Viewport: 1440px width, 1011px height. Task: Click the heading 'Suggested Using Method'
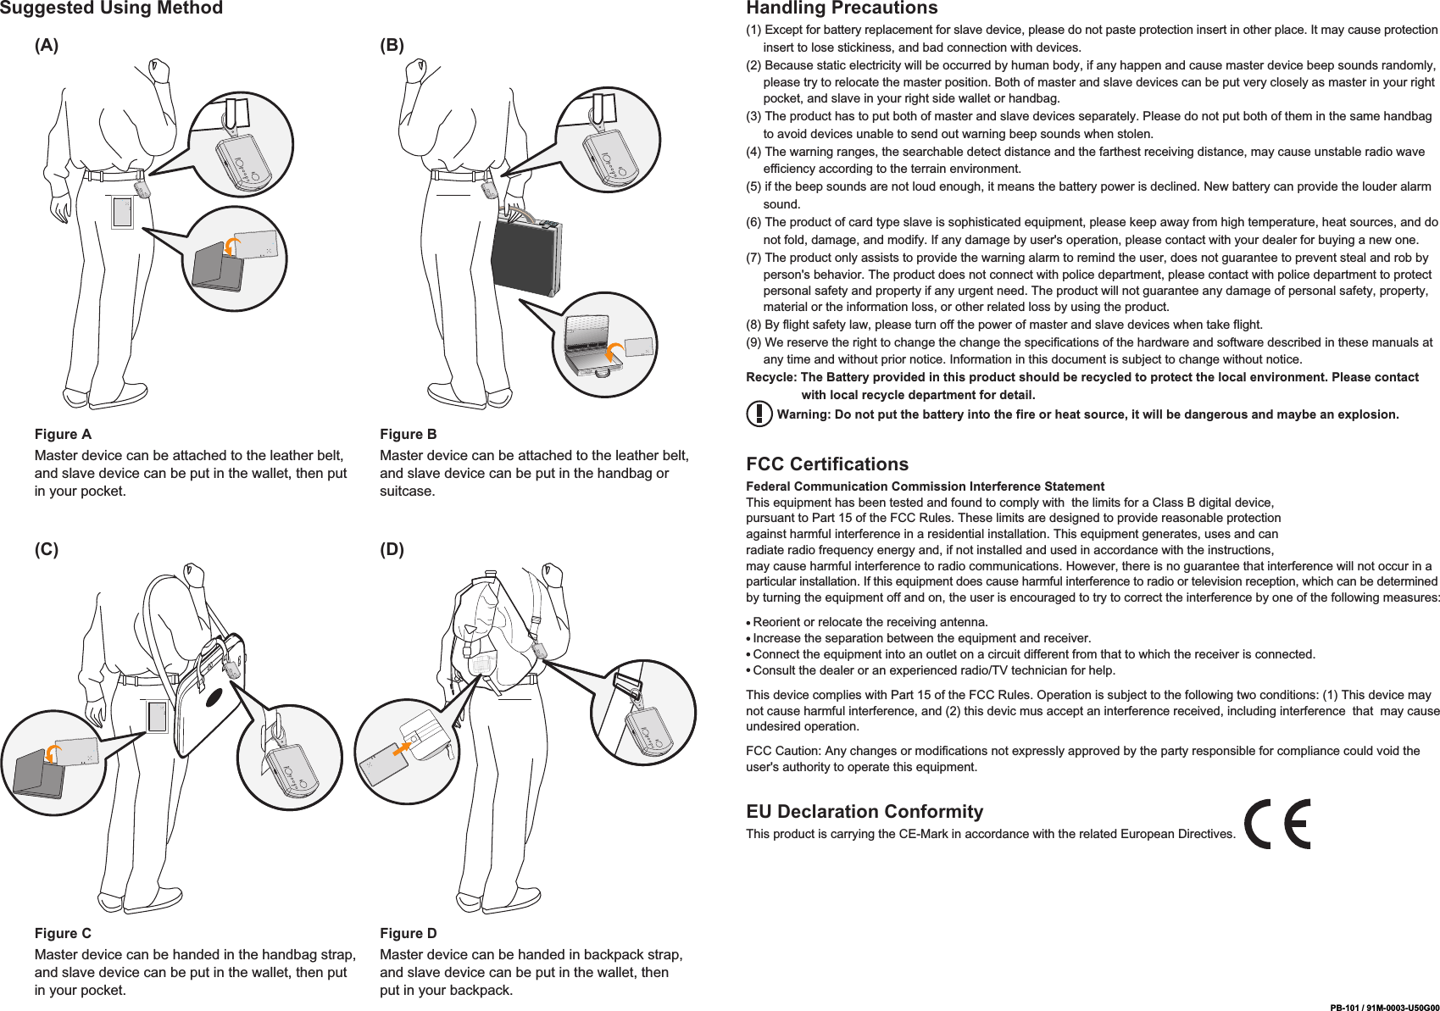[111, 8]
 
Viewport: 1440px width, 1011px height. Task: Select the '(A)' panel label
[47, 46]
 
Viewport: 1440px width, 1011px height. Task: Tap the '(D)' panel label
[392, 549]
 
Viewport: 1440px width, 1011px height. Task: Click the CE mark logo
[1277, 824]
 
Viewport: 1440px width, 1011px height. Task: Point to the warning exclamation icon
[759, 414]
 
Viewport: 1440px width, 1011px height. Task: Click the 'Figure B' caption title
[409, 434]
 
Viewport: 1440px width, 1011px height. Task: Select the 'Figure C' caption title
[63, 933]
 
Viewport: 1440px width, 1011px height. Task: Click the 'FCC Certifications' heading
[826, 464]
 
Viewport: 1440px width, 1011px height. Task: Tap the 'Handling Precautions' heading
[842, 8]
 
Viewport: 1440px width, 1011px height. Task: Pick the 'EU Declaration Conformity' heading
[865, 811]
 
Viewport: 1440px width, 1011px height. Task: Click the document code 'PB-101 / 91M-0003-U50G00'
[1384, 1008]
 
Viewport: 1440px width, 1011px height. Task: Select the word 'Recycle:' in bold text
[771, 377]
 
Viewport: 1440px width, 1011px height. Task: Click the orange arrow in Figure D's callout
[403, 748]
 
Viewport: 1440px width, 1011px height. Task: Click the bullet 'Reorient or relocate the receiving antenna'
[870, 622]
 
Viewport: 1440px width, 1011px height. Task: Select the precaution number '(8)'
[753, 325]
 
